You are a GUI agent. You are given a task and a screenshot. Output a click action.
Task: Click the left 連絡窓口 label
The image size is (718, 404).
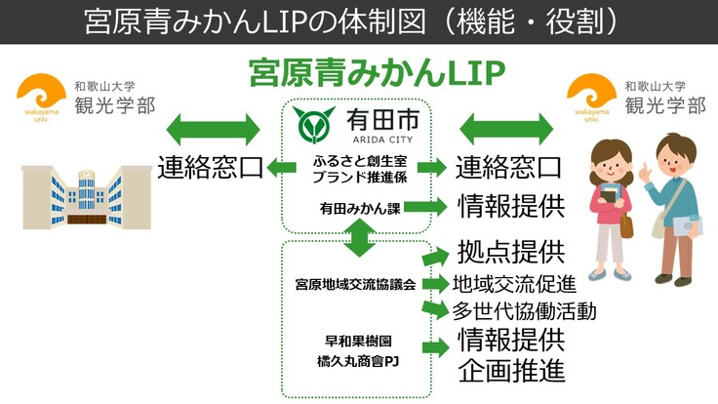coord(210,168)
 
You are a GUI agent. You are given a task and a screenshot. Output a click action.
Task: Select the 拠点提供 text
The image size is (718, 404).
coord(510,252)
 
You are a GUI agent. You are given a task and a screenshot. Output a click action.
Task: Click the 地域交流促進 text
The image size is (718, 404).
coord(513,285)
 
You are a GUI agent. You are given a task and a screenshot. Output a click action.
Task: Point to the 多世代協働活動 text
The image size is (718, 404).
coord(523,311)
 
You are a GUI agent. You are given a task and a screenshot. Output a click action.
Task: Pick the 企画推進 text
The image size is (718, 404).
coord(510,372)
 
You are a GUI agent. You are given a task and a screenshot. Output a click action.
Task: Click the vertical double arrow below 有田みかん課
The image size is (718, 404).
coord(358,234)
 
